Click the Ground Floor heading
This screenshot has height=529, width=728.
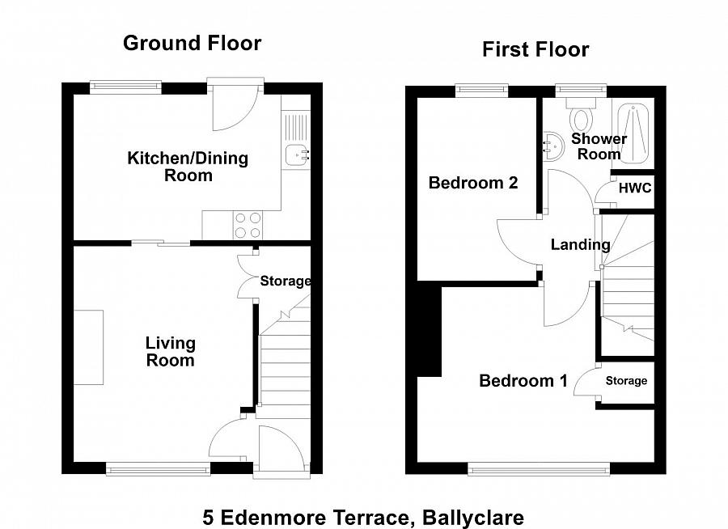click(192, 43)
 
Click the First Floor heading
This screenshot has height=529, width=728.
click(535, 49)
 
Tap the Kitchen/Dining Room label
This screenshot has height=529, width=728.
click(187, 166)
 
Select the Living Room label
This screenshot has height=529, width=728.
click(170, 352)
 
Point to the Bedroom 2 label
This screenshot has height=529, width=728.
click(472, 183)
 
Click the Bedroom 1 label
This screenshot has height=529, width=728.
click(523, 380)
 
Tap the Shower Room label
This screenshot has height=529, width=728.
click(599, 146)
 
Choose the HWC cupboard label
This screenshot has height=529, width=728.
click(634, 188)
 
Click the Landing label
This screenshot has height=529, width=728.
click(580, 244)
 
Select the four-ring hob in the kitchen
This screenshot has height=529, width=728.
click(247, 224)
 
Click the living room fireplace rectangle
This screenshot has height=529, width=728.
click(89, 347)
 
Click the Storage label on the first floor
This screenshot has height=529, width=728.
click(626, 380)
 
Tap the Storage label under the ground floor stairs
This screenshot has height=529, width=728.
click(285, 281)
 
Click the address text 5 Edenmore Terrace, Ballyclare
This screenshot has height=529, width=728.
click(363, 517)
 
